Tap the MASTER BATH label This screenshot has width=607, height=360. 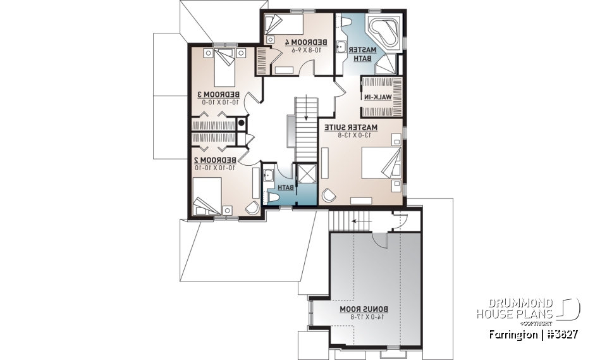coord(364,53)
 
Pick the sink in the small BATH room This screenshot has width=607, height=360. coord(267,175)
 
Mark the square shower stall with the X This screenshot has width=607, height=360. coord(307,174)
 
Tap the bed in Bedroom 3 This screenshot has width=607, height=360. coord(224,65)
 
